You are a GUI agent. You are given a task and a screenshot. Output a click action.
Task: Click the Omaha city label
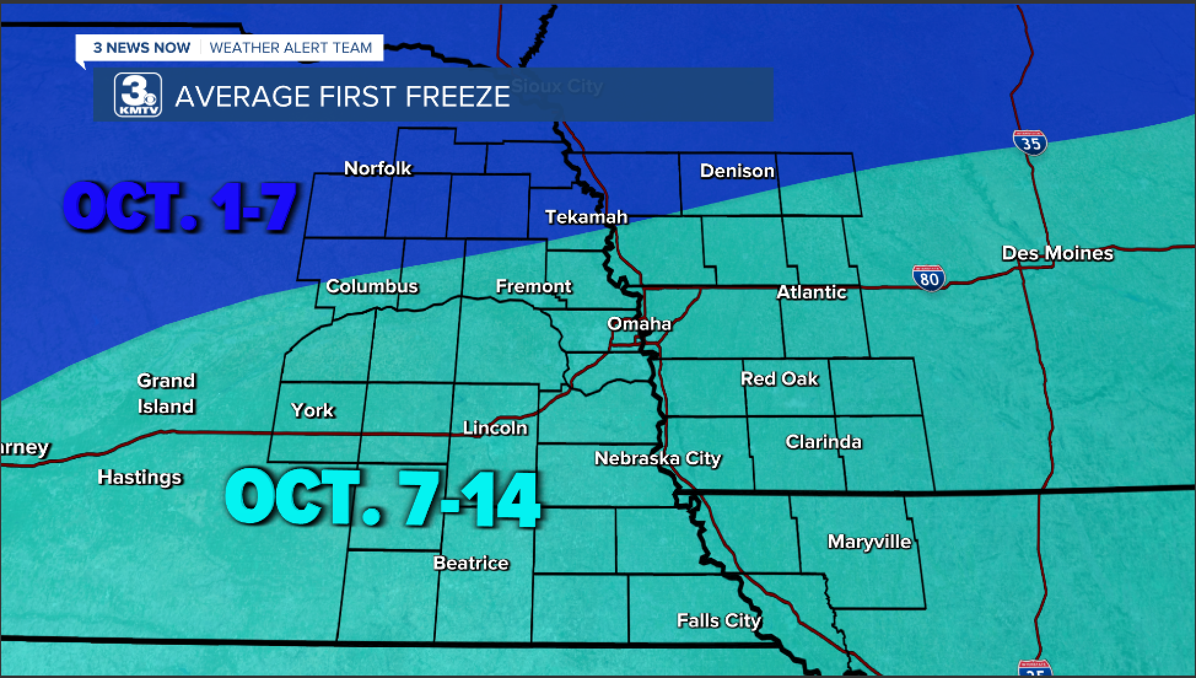[639, 324]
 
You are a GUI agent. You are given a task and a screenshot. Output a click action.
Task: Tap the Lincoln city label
[495, 427]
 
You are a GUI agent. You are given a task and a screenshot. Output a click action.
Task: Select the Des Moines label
[1057, 253]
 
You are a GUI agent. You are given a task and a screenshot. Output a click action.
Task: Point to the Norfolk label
[378, 168]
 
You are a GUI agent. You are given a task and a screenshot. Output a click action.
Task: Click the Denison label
[737, 171]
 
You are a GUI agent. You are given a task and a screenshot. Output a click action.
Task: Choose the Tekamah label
[586, 217]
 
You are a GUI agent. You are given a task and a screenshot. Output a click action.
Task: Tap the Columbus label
[372, 286]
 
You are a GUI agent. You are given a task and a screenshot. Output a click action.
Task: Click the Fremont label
[534, 286]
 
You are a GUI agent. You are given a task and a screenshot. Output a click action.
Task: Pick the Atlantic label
[812, 292]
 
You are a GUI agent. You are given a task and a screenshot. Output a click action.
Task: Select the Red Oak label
[779, 379]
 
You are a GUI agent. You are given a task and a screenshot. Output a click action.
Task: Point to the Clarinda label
[823, 442]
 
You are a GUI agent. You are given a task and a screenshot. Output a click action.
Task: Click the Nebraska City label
[658, 458]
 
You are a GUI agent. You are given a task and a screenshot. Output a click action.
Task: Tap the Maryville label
[869, 542]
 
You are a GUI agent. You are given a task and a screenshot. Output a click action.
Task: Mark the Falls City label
[718, 621]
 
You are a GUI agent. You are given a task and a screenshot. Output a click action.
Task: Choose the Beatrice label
[471, 563]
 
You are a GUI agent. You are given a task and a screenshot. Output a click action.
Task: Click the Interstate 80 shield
[929, 278]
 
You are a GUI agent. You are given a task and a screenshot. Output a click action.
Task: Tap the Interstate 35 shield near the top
[1030, 142]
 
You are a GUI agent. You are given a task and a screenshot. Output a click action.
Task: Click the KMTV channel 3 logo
[138, 95]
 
